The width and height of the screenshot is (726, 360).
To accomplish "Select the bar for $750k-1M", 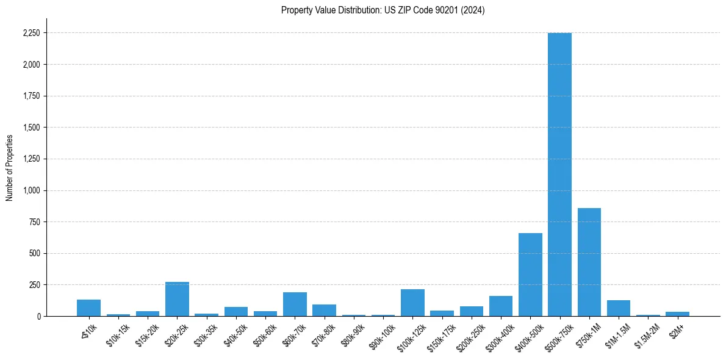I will pyautogui.click(x=589, y=262).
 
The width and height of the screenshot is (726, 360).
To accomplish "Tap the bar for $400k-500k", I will pyautogui.click(x=530, y=275).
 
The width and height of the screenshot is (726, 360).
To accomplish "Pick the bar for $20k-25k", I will pyautogui.click(x=177, y=299).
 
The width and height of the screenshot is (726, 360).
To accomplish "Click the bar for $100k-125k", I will pyautogui.click(x=412, y=303).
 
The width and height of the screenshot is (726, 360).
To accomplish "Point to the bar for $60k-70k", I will pyautogui.click(x=295, y=304).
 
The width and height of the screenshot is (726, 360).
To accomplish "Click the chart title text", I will pyautogui.click(x=383, y=10).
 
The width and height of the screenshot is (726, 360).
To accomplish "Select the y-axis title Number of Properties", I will pyautogui.click(x=10, y=168).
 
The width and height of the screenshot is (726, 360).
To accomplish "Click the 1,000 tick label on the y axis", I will pyautogui.click(x=31, y=190).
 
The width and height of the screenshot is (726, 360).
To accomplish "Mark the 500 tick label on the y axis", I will pyautogui.click(x=35, y=253).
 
